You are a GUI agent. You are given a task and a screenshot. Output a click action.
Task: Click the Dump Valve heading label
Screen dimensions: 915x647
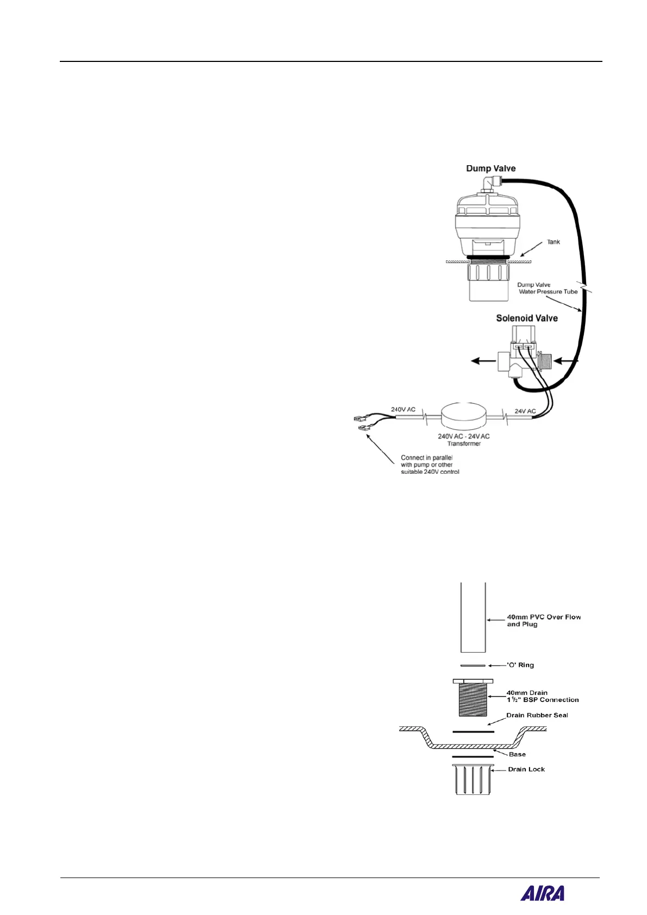coord(490,168)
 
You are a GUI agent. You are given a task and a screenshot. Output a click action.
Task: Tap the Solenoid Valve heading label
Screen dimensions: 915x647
coord(526,318)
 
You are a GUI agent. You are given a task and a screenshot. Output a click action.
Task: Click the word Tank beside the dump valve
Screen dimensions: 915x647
coord(553,242)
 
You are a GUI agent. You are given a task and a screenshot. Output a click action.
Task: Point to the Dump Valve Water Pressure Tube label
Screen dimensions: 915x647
coord(547,288)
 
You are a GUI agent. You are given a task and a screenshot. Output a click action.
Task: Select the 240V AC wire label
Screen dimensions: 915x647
coord(403,409)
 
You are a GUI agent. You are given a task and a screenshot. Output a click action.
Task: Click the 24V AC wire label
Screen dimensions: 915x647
coord(525,411)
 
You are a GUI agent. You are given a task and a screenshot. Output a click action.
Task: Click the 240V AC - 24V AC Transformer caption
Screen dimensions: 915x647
coord(464,440)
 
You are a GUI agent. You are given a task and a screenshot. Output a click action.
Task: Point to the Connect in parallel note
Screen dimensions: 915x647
coord(430,465)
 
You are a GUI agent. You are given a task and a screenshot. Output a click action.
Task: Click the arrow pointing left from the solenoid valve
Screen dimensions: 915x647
coord(482,360)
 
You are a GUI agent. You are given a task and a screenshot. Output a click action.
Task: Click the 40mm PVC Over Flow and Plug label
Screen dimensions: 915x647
coord(543,621)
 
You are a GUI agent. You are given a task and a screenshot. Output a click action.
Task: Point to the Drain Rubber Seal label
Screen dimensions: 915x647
coord(537,715)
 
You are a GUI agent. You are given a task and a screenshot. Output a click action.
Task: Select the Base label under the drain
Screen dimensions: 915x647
coord(517,754)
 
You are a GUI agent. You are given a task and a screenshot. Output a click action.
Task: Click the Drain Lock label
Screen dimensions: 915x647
coord(526,769)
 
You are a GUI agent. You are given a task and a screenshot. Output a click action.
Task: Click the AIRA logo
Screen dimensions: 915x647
coord(542,893)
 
